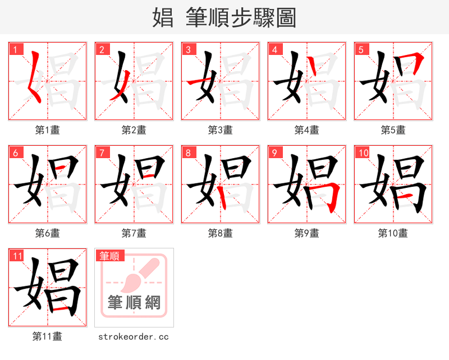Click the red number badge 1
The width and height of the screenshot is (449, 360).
(16, 50)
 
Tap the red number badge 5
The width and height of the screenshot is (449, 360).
(361, 50)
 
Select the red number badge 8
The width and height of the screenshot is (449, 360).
(189, 153)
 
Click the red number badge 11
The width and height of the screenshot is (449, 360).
(17, 256)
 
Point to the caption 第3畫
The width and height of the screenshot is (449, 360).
(220, 130)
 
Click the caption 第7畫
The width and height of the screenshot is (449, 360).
(134, 233)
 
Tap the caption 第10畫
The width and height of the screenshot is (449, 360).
(393, 233)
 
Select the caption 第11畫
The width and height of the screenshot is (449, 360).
(47, 336)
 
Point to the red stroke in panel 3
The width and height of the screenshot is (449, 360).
(196, 83)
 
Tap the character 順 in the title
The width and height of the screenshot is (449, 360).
(230, 18)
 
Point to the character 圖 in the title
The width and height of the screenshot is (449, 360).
(285, 18)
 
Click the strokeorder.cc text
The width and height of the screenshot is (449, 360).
(134, 337)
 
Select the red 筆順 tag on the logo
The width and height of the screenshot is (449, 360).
(109, 256)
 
